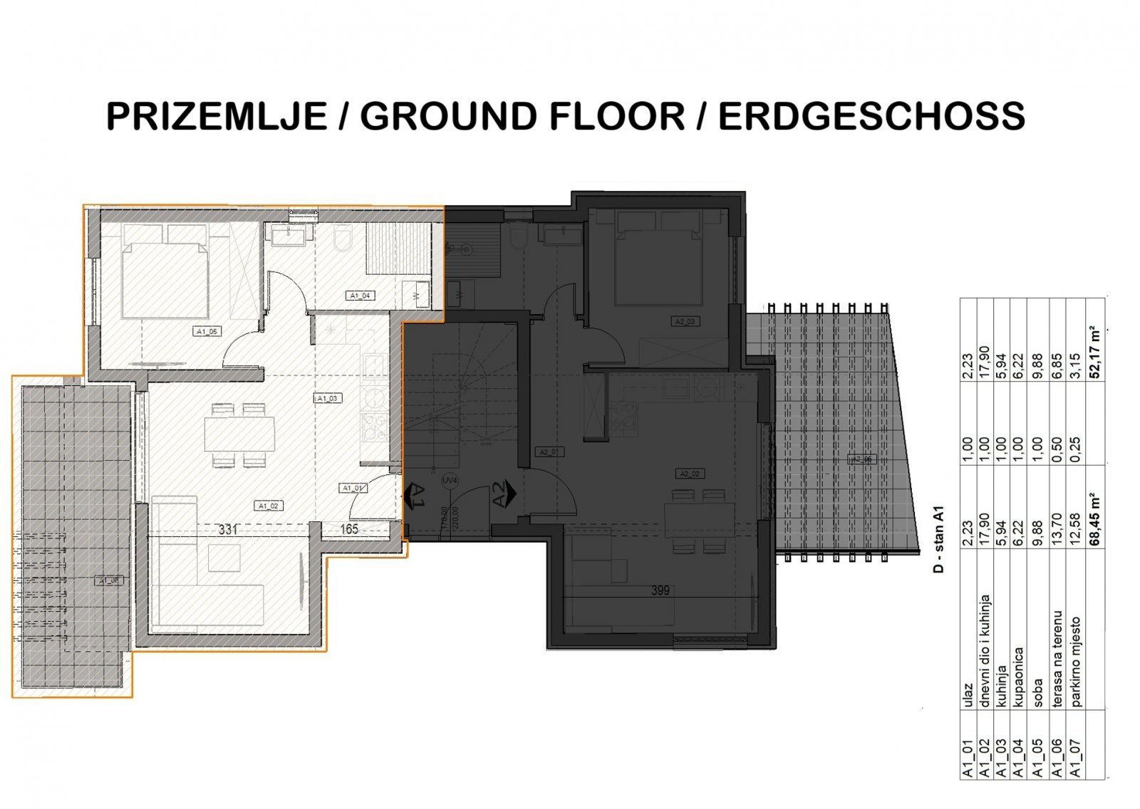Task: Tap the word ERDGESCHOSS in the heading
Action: coord(871,116)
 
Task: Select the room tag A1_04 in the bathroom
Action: coord(360,295)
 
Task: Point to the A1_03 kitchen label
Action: coord(327,398)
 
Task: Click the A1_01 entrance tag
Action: coord(353,488)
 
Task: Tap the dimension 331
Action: coord(228,530)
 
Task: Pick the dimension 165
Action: coord(349,530)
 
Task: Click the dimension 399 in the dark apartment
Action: coord(660,590)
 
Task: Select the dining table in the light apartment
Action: coord(239,434)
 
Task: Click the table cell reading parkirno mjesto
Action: coord(1076,662)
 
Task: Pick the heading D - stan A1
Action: coord(939,539)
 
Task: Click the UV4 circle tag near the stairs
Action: coord(449,481)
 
